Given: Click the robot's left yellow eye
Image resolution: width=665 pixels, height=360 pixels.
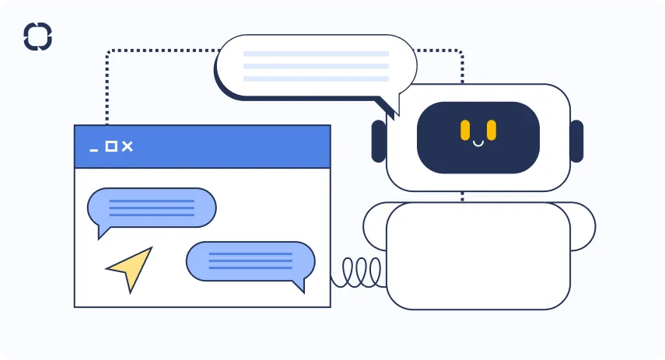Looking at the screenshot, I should [x=465, y=131].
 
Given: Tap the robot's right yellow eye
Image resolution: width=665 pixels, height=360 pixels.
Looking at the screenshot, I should [x=492, y=131].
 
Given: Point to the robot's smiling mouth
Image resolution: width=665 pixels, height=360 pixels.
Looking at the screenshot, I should [x=478, y=143].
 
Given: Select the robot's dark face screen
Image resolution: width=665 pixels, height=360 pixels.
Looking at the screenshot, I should [x=478, y=137].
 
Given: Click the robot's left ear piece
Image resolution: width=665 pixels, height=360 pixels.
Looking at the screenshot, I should [x=379, y=141].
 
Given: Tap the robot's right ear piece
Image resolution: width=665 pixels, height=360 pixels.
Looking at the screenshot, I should [x=576, y=141].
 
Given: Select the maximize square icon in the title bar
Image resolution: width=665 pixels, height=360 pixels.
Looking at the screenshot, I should [x=110, y=146].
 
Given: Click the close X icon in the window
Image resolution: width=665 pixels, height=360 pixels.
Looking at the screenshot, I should [x=128, y=146].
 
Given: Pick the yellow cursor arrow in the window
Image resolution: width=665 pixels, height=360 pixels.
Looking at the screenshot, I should [x=130, y=267].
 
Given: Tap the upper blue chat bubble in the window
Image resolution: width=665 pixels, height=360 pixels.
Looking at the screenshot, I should [x=151, y=208].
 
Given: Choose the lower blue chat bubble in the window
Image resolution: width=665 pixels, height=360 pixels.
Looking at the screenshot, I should [x=250, y=261].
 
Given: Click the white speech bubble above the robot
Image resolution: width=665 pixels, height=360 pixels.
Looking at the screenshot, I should [x=316, y=66].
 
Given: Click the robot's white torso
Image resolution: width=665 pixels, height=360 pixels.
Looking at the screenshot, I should [x=478, y=257].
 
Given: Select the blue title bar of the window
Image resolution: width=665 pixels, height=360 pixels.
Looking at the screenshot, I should [x=233, y=146].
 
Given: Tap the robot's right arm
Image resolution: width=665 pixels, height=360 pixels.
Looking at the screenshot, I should [x=582, y=226].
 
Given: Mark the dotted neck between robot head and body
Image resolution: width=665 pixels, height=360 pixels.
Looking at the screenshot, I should [x=462, y=196].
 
